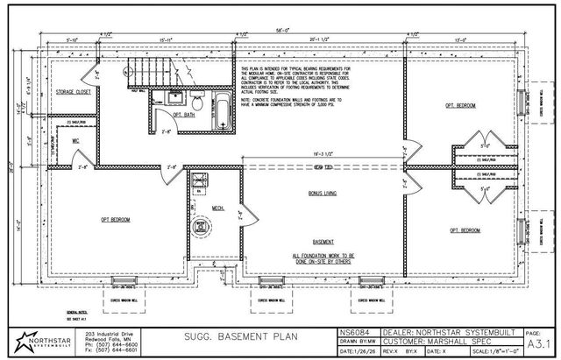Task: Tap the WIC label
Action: coord(76,140)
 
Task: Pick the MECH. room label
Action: coord(217,208)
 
